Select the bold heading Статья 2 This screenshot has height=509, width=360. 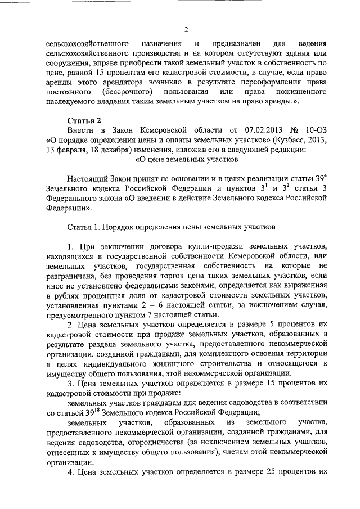[84, 120]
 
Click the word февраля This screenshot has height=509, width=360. [70, 151]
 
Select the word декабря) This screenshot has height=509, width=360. [115, 151]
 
